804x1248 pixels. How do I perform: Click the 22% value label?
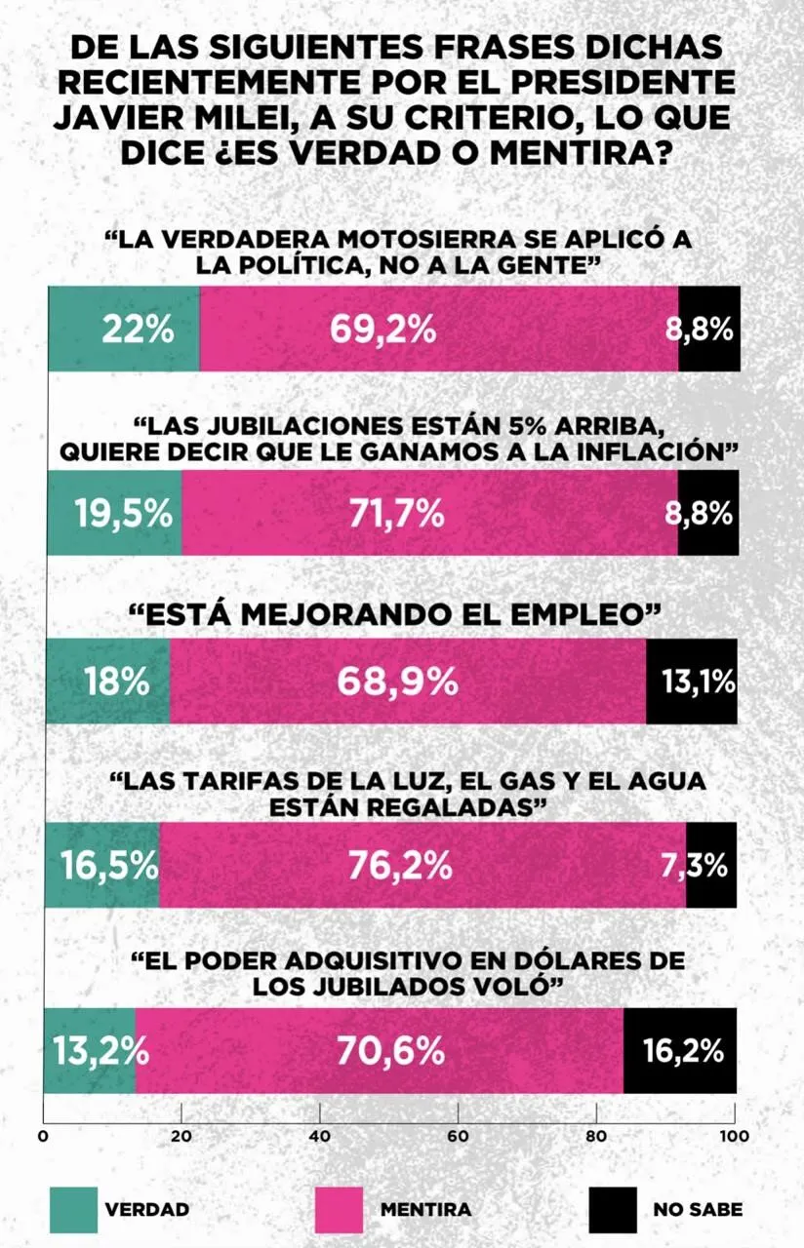[x=138, y=330]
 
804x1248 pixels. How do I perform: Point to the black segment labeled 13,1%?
[x=692, y=682]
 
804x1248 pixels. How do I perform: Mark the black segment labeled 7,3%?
[x=710, y=864]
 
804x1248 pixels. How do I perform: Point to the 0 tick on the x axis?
[x=43, y=1135]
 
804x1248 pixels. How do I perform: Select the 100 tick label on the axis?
[x=734, y=1135]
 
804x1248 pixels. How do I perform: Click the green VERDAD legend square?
[x=74, y=1209]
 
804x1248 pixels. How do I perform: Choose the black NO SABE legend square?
[x=613, y=1209]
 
